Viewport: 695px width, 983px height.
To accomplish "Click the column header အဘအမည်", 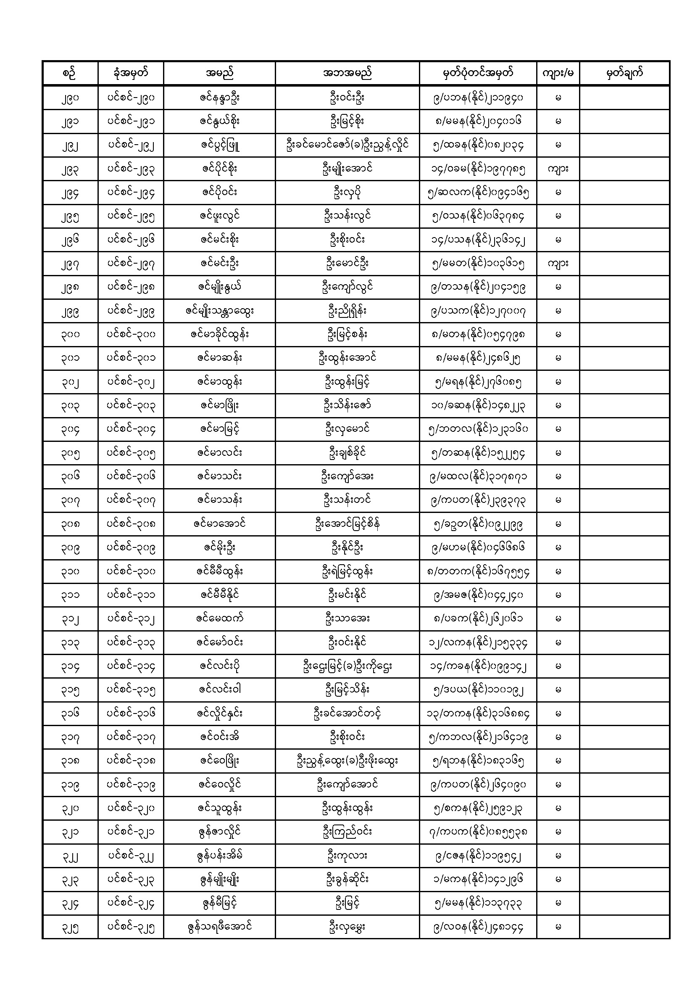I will [347, 73].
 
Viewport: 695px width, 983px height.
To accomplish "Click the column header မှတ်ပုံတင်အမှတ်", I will [478, 73].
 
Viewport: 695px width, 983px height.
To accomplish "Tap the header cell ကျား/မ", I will [558, 73].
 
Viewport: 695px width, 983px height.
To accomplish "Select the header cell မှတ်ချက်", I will [624, 73].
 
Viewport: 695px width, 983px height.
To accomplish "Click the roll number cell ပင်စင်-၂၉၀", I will [131, 98].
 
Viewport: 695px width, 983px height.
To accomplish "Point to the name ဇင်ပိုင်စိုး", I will [219, 169].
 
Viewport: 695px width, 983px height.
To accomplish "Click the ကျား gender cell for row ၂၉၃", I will [558, 169].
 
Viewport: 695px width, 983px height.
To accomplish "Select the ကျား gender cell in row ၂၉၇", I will [558, 263].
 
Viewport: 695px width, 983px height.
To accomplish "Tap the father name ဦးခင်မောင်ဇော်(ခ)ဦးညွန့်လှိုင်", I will [347, 145].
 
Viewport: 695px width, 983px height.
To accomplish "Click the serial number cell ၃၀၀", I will [70, 334].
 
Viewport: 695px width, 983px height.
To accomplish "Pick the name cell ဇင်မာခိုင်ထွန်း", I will [219, 334].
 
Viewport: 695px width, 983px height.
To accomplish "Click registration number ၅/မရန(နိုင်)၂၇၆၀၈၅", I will [478, 382].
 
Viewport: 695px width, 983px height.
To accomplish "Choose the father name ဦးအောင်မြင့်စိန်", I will [347, 523].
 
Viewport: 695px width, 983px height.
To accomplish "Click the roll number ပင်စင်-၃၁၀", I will [131, 571].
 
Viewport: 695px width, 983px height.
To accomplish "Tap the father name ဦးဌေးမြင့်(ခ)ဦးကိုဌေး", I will [347, 666].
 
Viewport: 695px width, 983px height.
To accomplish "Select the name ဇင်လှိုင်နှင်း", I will [219, 713].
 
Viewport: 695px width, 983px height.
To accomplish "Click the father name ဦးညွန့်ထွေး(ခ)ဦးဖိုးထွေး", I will [347, 760].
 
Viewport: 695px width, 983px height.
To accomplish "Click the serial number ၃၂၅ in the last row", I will [70, 927].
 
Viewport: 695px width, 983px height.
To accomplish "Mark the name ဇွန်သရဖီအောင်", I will [219, 927].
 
